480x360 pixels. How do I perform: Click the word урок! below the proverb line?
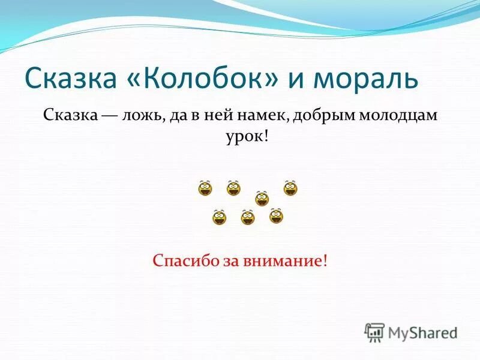[x=242, y=137]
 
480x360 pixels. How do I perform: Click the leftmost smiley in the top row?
[x=205, y=188]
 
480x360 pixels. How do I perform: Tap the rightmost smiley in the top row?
[x=290, y=188]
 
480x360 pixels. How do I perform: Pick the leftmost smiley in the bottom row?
[x=220, y=217]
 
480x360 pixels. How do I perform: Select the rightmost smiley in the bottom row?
[x=276, y=216]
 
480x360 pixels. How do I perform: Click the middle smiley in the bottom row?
[x=248, y=217]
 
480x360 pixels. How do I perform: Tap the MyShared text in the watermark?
[x=422, y=332]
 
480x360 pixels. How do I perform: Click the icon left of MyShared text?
[x=374, y=332]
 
